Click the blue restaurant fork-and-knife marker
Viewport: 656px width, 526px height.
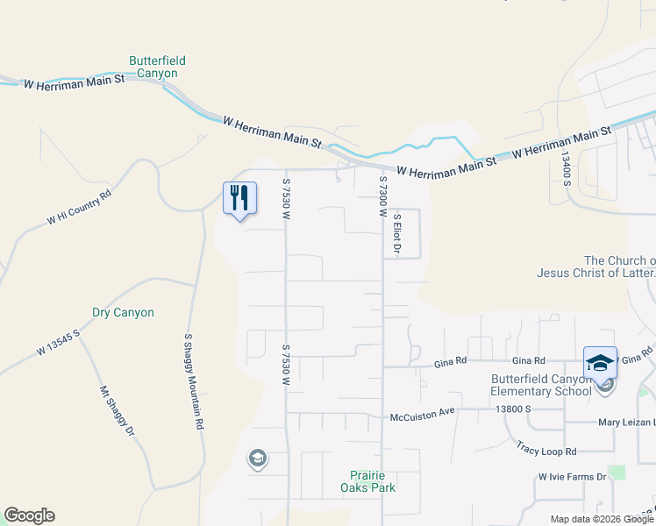tap(239, 197)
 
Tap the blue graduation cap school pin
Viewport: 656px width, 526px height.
tap(600, 362)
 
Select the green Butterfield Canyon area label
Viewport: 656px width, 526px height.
tap(158, 67)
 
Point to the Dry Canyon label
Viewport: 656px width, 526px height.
tap(123, 312)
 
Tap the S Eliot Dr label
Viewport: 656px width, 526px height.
tap(397, 234)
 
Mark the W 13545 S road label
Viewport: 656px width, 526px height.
tap(59, 342)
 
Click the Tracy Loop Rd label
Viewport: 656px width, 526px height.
tap(545, 449)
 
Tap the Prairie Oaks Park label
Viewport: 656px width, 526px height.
tap(369, 481)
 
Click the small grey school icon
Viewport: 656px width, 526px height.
tap(258, 458)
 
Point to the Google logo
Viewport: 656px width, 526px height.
tap(29, 515)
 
